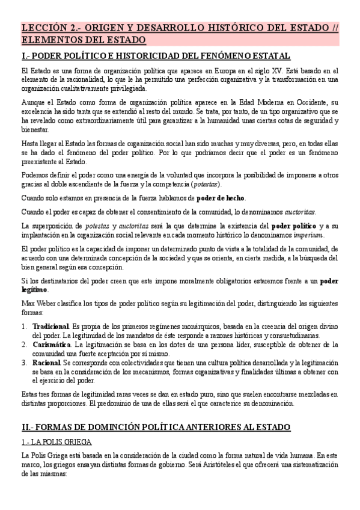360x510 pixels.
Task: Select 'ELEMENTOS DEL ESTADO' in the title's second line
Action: pos(84,40)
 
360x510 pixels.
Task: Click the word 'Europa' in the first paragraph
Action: pos(226,70)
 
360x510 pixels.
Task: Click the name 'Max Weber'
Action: pos(37,303)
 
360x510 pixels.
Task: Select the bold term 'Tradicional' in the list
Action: pos(51,326)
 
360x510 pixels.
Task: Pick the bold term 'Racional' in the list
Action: pos(46,363)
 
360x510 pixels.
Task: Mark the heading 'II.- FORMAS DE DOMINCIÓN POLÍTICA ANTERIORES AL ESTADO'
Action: pos(156,426)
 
